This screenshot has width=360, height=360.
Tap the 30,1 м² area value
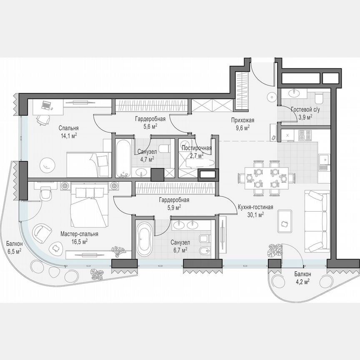pos(256,215)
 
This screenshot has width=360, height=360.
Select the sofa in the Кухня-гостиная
pos(316,221)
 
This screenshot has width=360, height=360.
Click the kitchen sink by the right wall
pos(322,161)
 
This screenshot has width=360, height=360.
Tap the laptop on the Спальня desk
pos(45,105)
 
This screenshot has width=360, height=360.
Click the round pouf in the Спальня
pos(46,164)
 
